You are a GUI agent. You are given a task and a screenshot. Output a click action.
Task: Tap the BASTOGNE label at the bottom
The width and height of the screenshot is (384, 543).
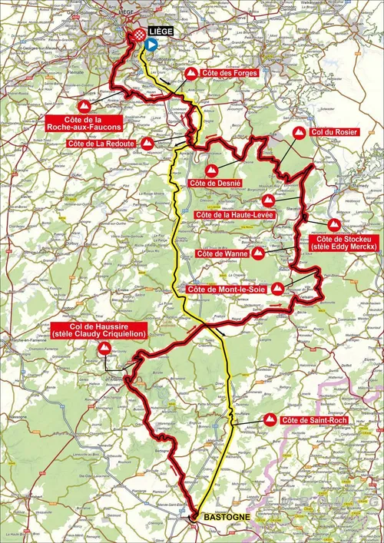227,520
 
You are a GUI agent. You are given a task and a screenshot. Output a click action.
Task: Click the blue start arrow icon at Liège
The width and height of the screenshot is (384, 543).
152,45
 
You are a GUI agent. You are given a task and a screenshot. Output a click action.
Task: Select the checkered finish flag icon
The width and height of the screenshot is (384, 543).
139,37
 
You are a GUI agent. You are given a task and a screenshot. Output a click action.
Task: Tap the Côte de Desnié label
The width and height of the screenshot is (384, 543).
215,184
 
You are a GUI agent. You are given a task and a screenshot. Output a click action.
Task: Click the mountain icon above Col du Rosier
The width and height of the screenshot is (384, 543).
296,134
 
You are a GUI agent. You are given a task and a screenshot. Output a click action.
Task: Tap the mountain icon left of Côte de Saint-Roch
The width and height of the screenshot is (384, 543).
270,419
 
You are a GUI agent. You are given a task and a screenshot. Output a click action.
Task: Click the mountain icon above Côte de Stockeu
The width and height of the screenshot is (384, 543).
334,224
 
